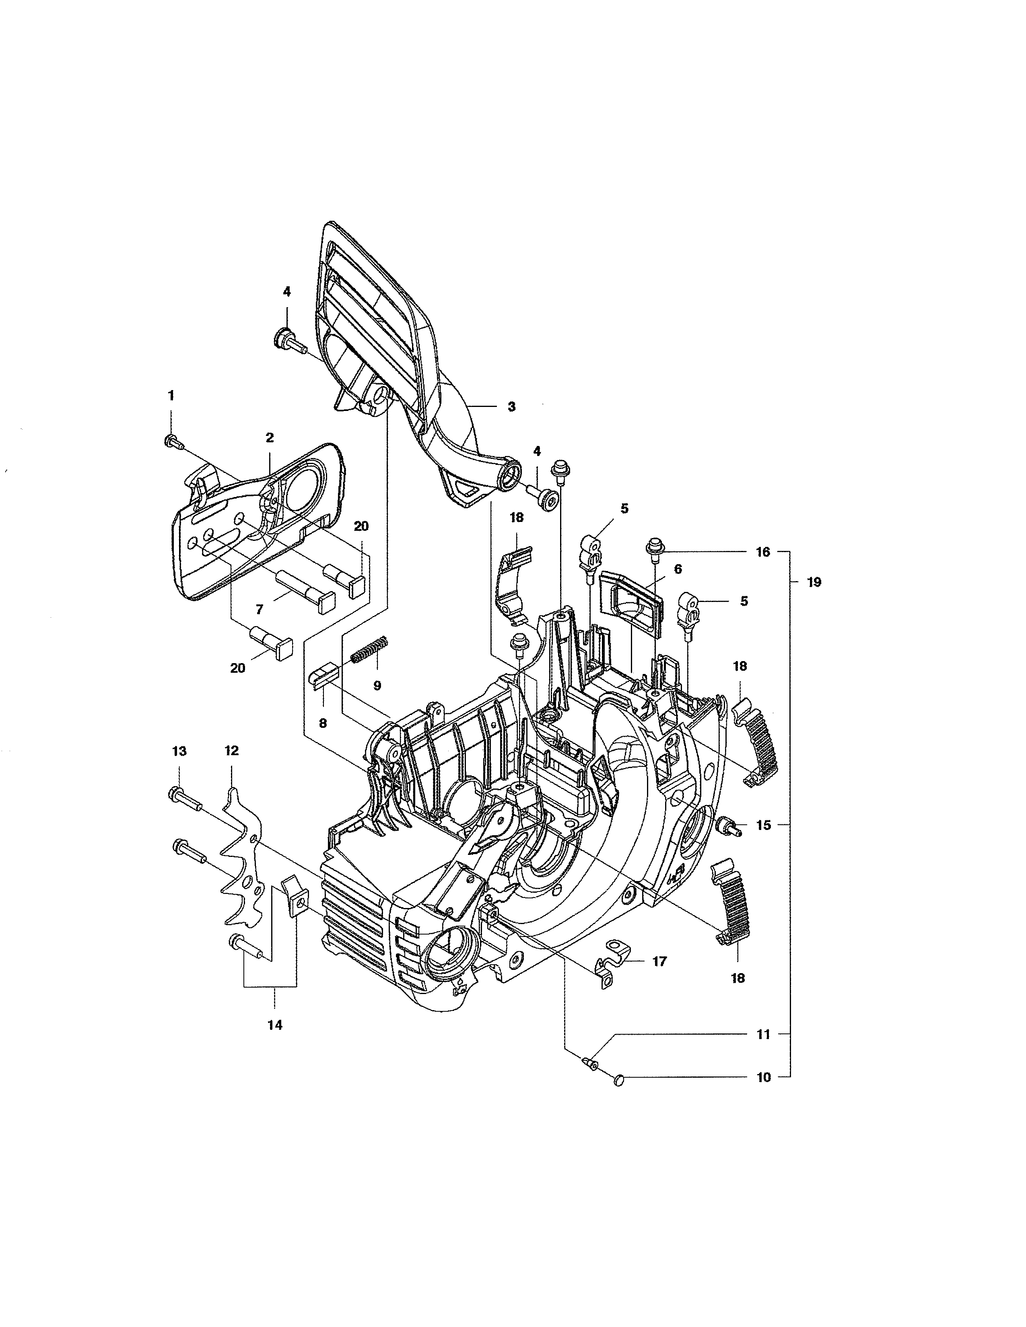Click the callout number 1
point(171,396)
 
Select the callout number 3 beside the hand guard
point(511,407)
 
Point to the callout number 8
point(323,723)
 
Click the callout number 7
point(260,609)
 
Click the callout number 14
point(275,1025)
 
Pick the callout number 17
point(659,961)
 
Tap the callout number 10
point(763,1077)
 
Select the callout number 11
point(763,1034)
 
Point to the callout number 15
point(763,825)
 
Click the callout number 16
point(763,552)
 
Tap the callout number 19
point(814,582)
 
